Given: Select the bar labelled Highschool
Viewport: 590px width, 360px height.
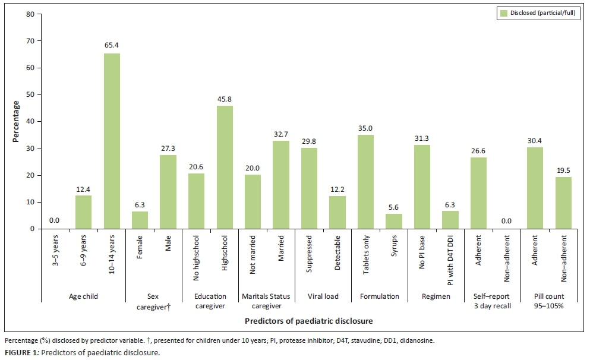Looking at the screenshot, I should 225,168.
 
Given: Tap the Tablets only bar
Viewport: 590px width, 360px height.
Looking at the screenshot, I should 366,182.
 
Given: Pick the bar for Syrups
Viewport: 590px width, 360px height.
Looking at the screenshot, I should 394,221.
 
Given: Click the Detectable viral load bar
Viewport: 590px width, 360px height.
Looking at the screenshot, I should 337,212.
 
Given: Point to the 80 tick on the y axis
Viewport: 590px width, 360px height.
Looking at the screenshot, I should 30,14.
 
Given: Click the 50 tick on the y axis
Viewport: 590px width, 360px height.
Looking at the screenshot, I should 30,95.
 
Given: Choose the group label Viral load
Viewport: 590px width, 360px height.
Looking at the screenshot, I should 323,295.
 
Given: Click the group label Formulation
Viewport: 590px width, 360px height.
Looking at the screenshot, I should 380,295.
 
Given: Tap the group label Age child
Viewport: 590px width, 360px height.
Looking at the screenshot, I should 83,295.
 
